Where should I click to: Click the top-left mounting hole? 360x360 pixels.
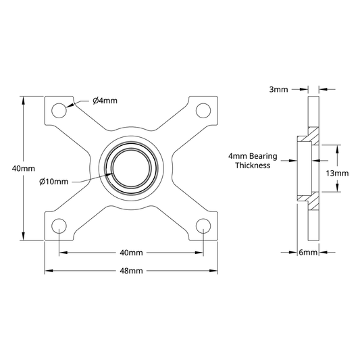coord(59,111)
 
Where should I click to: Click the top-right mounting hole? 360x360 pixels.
coord(203,111)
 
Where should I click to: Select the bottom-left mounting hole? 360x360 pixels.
coord(59,226)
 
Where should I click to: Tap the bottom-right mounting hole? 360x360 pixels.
coord(203,226)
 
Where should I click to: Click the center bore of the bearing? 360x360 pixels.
coord(131,168)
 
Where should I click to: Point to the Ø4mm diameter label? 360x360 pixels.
coord(105,101)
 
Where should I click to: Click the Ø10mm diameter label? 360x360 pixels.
coord(54,182)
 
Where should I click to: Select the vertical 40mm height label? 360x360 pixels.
coord(24,169)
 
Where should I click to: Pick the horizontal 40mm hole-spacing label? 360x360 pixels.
coord(131,253)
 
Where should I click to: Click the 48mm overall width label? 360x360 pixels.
coord(131,271)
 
